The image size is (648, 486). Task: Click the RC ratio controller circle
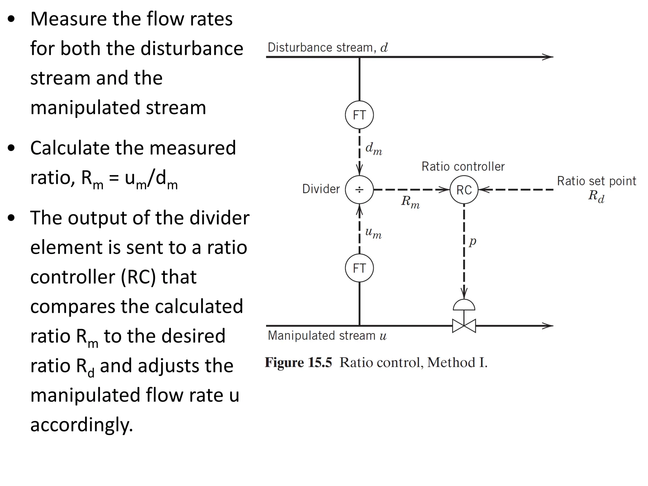pos(464,190)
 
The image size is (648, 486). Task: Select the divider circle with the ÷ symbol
pos(359,190)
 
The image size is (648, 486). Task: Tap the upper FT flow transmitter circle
pos(359,115)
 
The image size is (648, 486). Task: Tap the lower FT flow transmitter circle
pos(359,268)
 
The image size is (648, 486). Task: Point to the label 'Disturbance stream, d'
pos(327,47)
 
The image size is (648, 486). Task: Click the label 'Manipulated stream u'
pos(327,335)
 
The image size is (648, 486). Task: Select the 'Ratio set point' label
pos(596,181)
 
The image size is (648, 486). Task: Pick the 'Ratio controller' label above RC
pos(463,166)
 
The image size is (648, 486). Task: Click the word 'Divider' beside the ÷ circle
pos(321,189)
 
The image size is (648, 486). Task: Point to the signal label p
pos(472,241)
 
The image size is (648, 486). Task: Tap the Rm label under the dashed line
pos(410,202)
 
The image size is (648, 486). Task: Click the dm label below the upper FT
pos(374,148)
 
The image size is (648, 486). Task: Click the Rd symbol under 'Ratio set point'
pos(596,196)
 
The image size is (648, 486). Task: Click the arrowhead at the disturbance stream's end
pos(548,57)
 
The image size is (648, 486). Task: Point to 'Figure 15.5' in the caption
pos(298,363)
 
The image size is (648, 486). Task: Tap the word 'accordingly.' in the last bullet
pos(82,425)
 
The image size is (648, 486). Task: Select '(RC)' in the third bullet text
pos(138,277)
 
